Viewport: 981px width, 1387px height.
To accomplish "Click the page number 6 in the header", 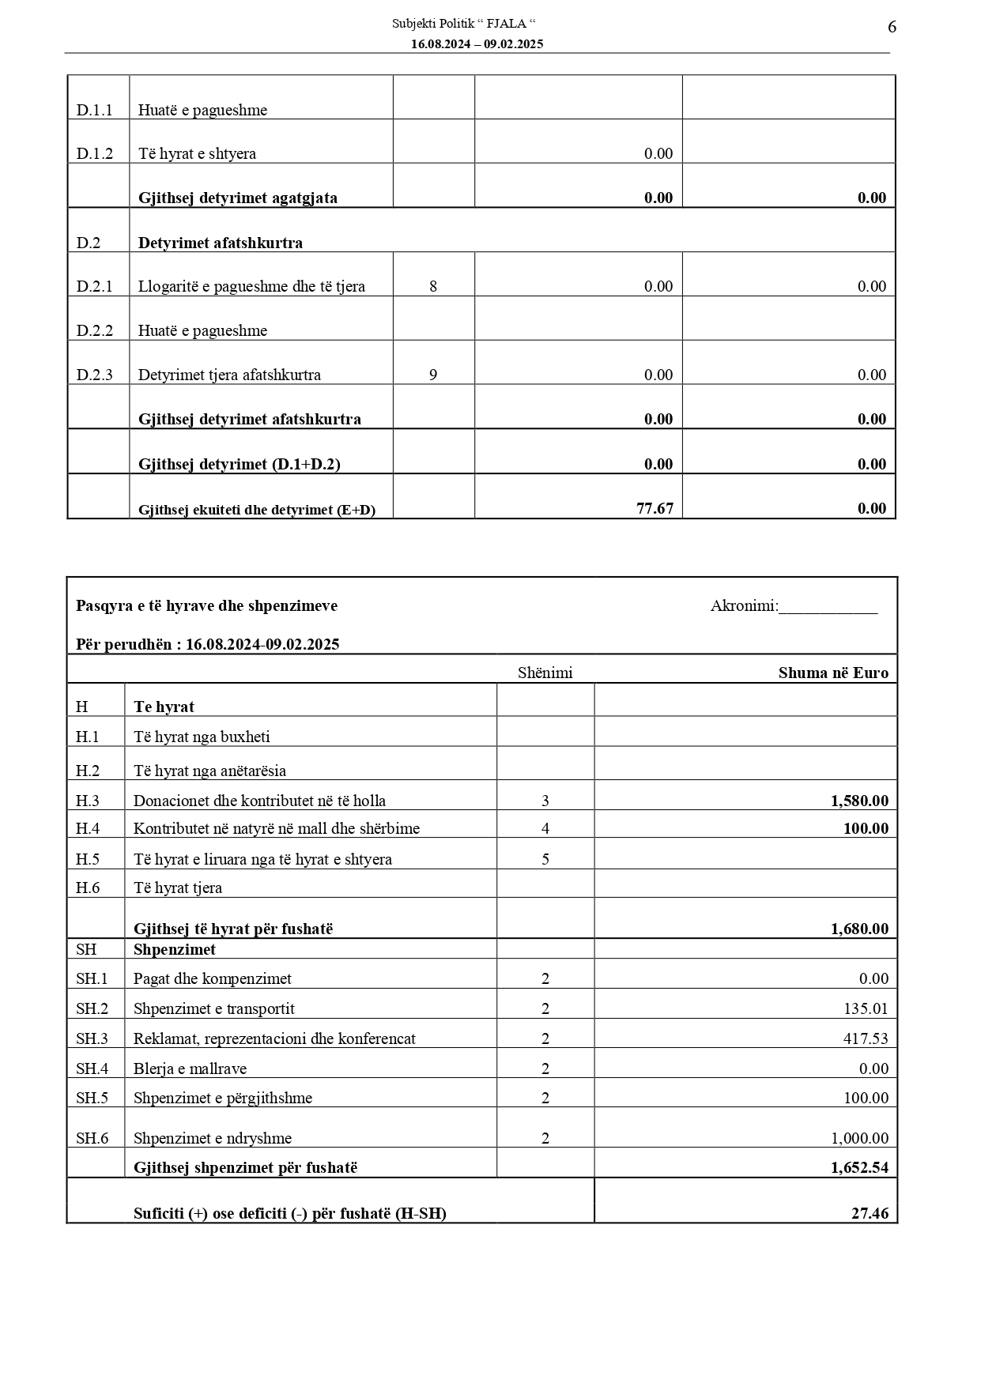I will tap(892, 27).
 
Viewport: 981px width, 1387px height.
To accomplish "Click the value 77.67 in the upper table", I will tap(655, 508).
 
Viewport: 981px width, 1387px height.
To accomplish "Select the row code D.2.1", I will tap(94, 286).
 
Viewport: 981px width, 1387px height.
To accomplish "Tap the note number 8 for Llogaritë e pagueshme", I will tap(433, 286).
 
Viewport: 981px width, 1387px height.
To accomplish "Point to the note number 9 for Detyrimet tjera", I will tap(433, 375).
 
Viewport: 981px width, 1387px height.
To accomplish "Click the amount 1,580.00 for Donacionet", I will tap(859, 801).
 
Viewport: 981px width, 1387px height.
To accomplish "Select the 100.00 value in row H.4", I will tap(866, 828).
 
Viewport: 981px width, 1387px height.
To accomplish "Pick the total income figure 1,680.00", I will tap(859, 929).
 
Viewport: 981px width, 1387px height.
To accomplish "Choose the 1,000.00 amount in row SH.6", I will tap(859, 1138).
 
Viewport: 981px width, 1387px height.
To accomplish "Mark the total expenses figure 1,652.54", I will tap(859, 1167).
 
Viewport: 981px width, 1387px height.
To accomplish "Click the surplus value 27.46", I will tap(870, 1213).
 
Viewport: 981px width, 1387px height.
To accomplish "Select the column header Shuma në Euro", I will tap(833, 673).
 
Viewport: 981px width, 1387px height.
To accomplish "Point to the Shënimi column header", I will tap(545, 673).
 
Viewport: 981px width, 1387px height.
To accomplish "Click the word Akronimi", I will tap(744, 606).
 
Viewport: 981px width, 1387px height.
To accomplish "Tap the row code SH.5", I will tap(92, 1098).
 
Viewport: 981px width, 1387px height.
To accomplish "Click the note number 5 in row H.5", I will tap(545, 859).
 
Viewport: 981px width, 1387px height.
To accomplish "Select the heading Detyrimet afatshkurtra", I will tap(220, 243).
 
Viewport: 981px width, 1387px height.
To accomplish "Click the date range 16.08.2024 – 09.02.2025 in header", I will tap(477, 44).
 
